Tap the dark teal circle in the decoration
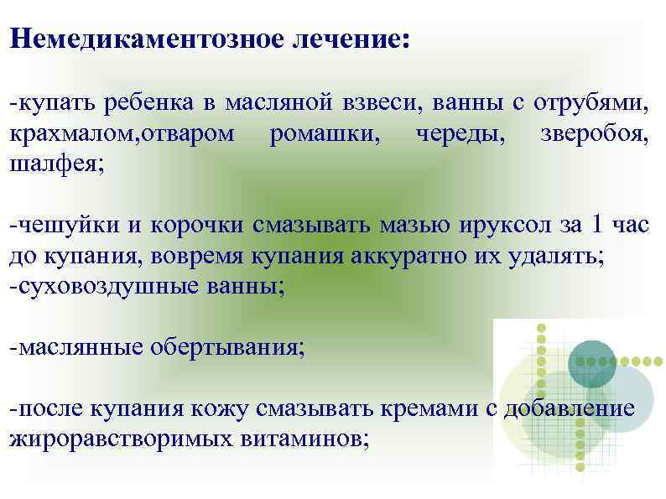[x=591, y=363]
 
